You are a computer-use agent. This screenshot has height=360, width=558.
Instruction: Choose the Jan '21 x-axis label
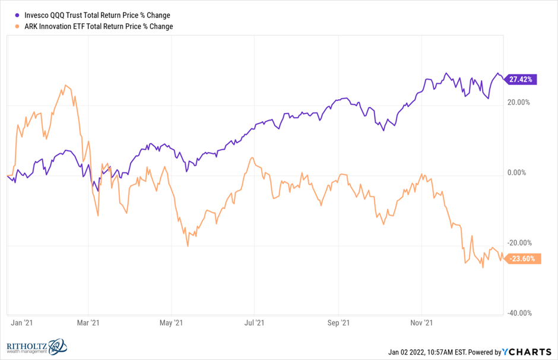[21, 323]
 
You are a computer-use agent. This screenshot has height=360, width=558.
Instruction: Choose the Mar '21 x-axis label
[87, 323]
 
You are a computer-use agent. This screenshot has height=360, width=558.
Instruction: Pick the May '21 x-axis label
[170, 323]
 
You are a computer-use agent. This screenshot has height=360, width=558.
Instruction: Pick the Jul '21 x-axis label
[254, 323]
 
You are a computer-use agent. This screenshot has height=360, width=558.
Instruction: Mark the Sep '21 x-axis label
[338, 323]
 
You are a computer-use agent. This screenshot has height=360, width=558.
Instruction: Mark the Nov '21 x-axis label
[421, 323]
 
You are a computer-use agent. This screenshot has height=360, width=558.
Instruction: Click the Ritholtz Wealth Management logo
[36, 347]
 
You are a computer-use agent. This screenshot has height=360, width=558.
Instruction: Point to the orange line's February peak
[65, 85]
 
